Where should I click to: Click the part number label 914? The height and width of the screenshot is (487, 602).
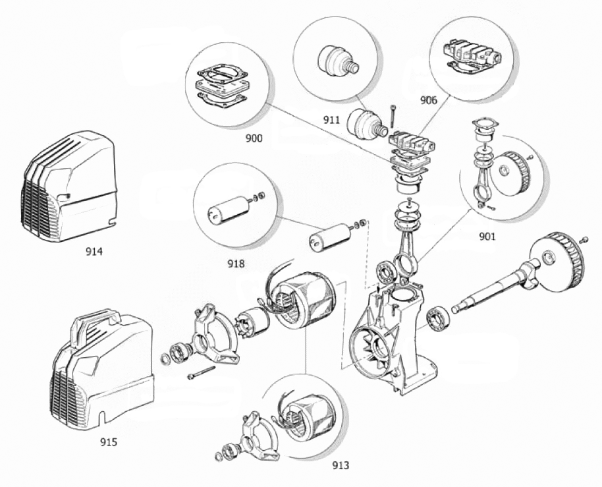point(94,252)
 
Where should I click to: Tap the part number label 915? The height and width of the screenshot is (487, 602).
point(108,442)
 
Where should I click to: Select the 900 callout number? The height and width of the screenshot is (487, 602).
point(254,138)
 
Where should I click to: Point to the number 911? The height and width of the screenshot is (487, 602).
point(331,120)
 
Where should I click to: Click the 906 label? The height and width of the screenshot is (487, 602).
point(429,100)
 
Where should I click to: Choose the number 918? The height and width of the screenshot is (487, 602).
point(236,264)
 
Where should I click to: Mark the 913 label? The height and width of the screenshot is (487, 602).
point(341,465)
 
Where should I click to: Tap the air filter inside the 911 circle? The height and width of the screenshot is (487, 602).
point(338,61)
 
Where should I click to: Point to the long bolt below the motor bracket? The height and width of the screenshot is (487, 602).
point(202,372)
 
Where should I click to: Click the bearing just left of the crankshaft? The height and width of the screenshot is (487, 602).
point(439,318)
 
